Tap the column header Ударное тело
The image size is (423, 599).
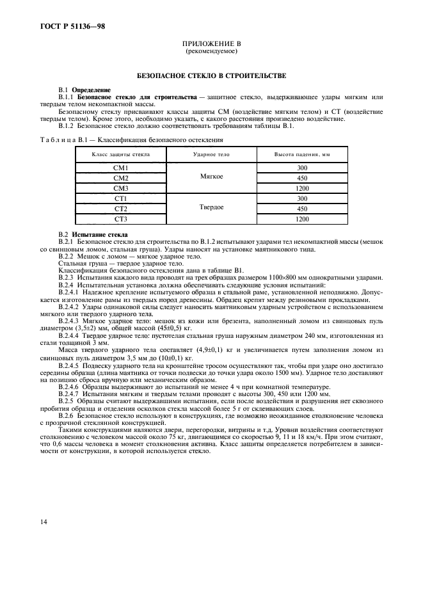[211, 155]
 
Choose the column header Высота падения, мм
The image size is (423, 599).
[302, 155]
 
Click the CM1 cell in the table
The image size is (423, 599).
[121, 168]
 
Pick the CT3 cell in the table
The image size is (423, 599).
[121, 219]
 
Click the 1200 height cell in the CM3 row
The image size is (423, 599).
[302, 188]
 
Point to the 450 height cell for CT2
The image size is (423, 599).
[302, 209]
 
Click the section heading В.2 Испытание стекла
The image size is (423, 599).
[89, 235]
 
